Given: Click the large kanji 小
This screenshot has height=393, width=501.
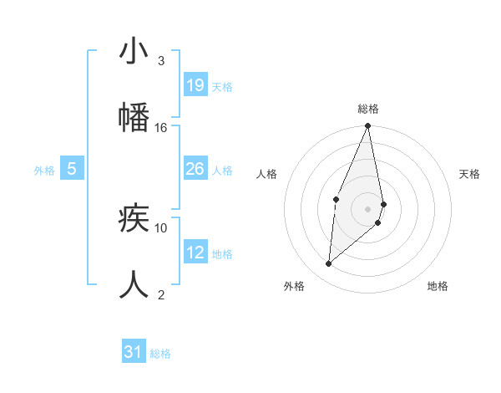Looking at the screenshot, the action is pyautogui.click(x=134, y=52).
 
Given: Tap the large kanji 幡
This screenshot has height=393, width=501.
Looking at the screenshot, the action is pyautogui.click(x=134, y=118).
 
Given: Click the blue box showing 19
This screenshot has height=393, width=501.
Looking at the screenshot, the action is pyautogui.click(x=195, y=84).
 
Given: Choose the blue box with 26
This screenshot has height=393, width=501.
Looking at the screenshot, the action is pyautogui.click(x=195, y=169).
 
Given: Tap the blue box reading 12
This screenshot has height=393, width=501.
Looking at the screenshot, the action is pyautogui.click(x=195, y=253).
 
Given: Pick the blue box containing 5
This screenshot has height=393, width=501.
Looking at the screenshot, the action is pyautogui.click(x=72, y=169).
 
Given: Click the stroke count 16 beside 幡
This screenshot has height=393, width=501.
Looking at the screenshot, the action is pyautogui.click(x=161, y=127).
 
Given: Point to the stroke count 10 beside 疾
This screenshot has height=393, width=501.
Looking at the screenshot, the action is pyautogui.click(x=161, y=227).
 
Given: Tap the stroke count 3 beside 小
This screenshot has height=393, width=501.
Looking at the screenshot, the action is pyautogui.click(x=161, y=60).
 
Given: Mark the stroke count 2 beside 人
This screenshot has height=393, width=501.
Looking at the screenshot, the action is pyautogui.click(x=161, y=294).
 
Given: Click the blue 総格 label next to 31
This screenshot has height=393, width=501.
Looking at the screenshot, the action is pyautogui.click(x=160, y=354).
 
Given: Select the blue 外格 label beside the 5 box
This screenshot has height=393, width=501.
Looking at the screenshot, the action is pyautogui.click(x=44, y=171).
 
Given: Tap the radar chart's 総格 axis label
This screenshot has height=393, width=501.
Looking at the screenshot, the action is pyautogui.click(x=367, y=109).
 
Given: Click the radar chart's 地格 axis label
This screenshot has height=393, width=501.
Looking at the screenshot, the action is pyautogui.click(x=438, y=287).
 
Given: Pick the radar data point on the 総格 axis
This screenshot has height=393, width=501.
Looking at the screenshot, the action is pyautogui.click(x=367, y=126).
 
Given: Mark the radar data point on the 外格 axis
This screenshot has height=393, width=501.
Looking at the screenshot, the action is pyautogui.click(x=329, y=263).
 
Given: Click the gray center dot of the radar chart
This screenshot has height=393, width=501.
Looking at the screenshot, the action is pyautogui.click(x=367, y=208).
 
